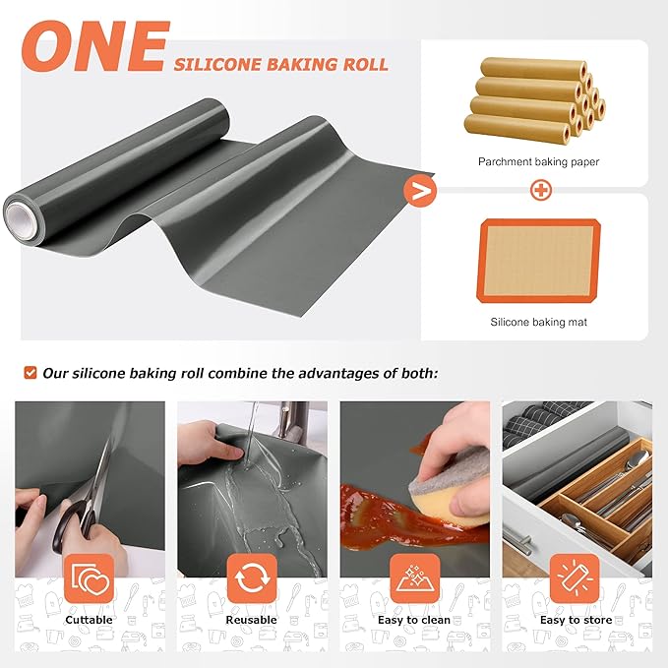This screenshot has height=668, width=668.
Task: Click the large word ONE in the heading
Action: click(94, 46)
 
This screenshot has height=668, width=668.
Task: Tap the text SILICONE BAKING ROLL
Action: click(281, 65)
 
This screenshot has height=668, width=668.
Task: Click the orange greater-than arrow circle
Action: click(420, 191)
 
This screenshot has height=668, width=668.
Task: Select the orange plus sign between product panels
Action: click(540, 191)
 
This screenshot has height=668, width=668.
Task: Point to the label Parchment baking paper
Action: click(538, 161)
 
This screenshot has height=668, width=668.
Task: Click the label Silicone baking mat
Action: click(538, 321)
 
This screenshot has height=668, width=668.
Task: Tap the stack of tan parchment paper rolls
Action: click(534, 98)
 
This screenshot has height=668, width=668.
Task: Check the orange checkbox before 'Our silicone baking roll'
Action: click(30, 373)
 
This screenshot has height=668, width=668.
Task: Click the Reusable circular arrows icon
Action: click(252, 578)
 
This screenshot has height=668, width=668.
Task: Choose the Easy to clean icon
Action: click(414, 578)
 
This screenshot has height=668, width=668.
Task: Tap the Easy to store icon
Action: click(577, 578)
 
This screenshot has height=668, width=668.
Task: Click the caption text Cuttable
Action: click(90, 620)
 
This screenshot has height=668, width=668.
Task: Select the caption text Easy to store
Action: click(577, 620)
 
